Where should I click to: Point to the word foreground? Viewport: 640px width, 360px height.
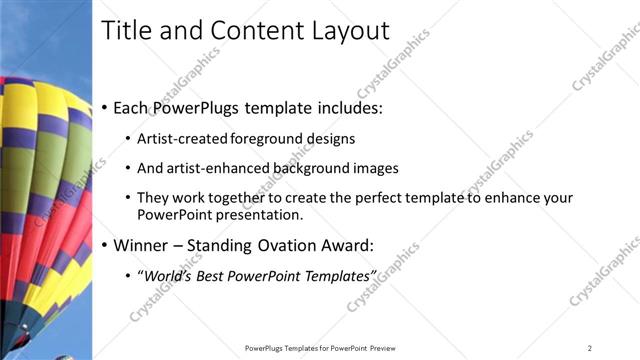pos(265,139)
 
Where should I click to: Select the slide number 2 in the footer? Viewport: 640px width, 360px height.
pos(590,347)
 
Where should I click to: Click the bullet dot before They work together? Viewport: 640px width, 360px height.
pos(127,198)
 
